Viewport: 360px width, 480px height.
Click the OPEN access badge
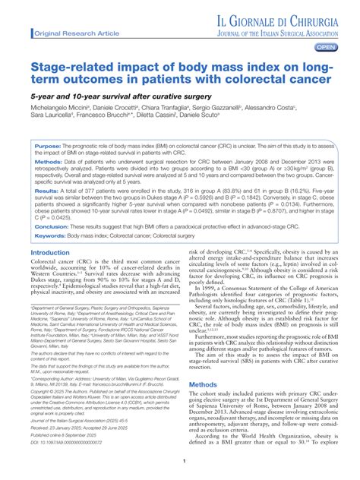pos(325,47)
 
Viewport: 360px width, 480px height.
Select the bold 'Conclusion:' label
pos(52,226)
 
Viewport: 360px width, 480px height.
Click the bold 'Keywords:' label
pos(50,236)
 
